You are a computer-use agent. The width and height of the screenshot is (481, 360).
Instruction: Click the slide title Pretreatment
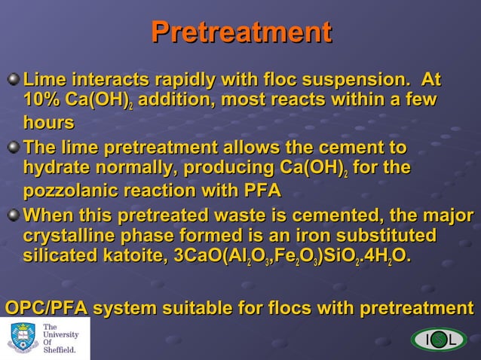tap(240, 32)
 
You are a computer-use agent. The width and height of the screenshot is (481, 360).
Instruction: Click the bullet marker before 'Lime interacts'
tap(14, 79)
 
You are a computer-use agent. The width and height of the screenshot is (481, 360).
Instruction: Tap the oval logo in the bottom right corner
tap(439, 340)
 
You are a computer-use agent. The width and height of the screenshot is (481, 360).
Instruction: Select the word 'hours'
tap(48, 122)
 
